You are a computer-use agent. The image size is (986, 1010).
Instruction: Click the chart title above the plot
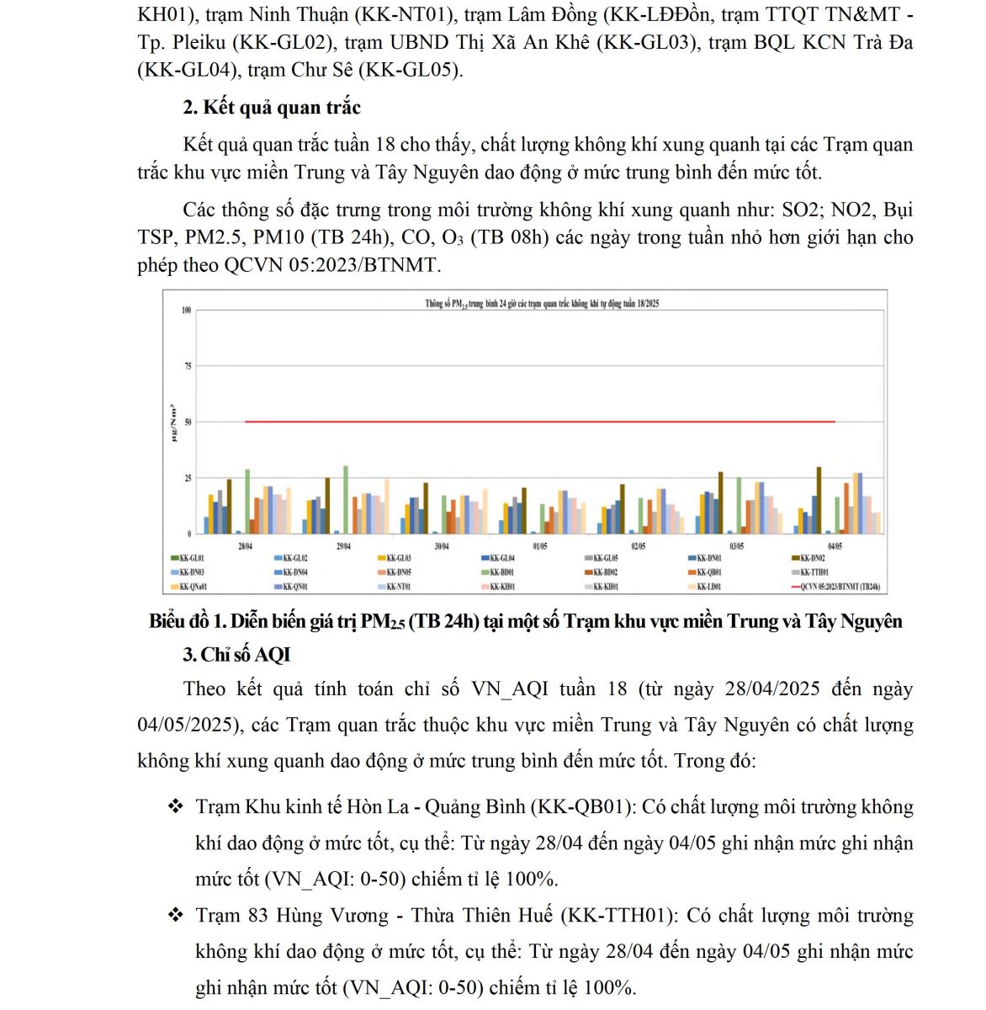point(541,304)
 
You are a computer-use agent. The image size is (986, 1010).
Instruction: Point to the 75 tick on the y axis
point(188,366)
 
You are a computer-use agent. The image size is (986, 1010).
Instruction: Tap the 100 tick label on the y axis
point(187,311)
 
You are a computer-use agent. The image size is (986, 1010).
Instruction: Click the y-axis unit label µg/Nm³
point(173,423)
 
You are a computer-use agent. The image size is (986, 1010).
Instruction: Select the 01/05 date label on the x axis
point(539,546)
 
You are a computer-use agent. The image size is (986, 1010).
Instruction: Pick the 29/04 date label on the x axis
point(343,546)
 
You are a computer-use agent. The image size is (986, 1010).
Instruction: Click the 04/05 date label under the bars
point(835,546)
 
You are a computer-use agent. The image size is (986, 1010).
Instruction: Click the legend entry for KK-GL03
point(399,558)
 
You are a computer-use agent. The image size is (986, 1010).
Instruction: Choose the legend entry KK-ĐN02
point(813,558)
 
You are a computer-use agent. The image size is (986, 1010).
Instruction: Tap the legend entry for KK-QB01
point(709,572)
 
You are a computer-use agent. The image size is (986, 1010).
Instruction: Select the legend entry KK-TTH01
point(814,572)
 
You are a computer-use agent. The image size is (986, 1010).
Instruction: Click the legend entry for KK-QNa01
point(193,587)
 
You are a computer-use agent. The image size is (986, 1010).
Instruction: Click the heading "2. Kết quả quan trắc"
point(272,108)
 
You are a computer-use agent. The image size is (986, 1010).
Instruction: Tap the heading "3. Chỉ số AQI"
point(236,655)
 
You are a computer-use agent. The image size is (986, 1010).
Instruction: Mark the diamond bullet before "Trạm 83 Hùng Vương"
point(175,915)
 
